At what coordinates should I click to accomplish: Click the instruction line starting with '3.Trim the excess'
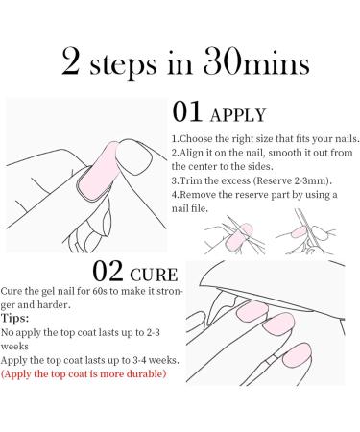[x=259, y=180]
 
